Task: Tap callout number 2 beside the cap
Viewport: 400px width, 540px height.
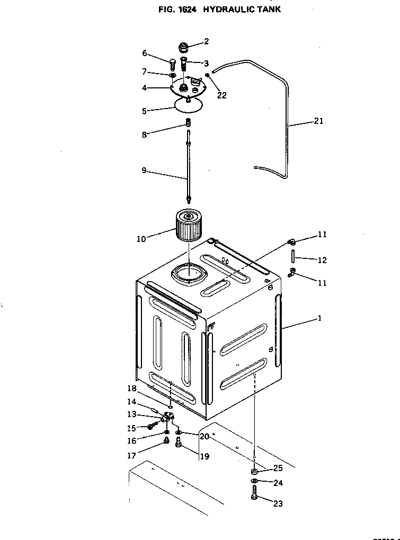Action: pos(206,41)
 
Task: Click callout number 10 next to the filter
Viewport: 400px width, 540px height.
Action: pos(141,239)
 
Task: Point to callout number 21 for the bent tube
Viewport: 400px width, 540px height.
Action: pos(318,121)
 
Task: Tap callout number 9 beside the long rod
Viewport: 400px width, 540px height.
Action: pos(144,171)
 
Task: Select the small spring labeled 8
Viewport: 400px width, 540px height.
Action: pos(187,123)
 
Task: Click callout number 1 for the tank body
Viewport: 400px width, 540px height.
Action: pos(319,319)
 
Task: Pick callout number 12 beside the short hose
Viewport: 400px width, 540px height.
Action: pos(322,260)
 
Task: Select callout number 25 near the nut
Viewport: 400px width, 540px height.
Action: pos(278,469)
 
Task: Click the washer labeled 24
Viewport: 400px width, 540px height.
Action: pos(254,481)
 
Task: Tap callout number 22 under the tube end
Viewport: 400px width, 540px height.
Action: pos(221,96)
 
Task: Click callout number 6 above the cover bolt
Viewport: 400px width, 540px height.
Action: pos(144,53)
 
